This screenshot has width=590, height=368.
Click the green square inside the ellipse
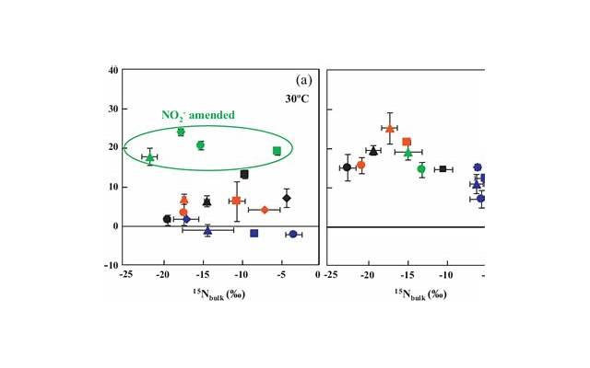pyautogui.click(x=277, y=151)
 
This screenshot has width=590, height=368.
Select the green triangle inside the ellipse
pyautogui.click(x=150, y=157)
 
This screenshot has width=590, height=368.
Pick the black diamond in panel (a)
pyautogui.click(x=287, y=198)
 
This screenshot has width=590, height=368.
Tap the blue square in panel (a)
pyautogui.click(x=254, y=234)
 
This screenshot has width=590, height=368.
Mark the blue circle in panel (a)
pyautogui.click(x=293, y=235)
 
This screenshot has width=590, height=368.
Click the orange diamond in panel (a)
pyautogui.click(x=265, y=210)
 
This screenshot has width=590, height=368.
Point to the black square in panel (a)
pyautogui.click(x=244, y=174)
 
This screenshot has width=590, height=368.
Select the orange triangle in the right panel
pyautogui.click(x=390, y=129)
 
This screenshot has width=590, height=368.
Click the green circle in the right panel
pyautogui.click(x=421, y=168)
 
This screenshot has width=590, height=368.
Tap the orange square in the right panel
pyautogui.click(x=407, y=142)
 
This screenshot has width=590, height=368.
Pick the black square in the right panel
pyautogui.click(x=442, y=169)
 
